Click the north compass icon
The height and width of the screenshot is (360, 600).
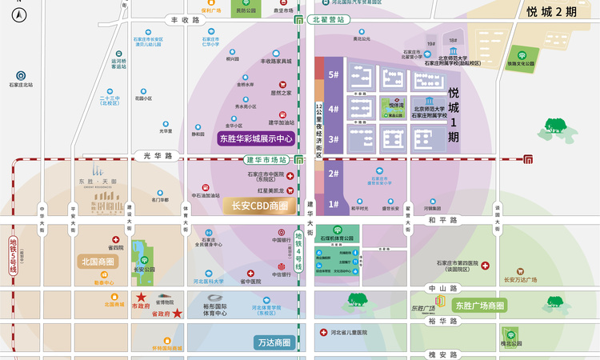[20, 14]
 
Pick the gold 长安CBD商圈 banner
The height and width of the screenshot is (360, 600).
[259, 205]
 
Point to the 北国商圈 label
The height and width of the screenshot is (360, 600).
[98, 262]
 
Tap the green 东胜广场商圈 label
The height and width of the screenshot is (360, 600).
[479, 306]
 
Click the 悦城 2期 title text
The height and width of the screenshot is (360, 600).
[551, 12]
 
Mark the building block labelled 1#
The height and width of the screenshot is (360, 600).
[333, 204]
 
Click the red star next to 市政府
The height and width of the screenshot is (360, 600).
[141, 297]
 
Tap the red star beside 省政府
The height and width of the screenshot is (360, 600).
[178, 314]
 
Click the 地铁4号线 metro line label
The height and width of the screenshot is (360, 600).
[298, 252]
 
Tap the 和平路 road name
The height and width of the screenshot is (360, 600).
[442, 219]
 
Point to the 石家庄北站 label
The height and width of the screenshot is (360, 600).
[21, 85]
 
